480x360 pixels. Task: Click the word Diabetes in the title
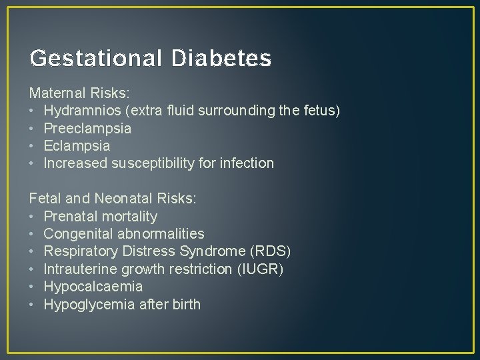221,59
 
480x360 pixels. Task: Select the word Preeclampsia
87,128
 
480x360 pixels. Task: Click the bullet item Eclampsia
77,145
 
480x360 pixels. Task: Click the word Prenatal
70,217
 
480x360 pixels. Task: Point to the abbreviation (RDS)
269,252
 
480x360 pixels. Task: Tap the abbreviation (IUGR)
261,269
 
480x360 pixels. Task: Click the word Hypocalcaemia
93,287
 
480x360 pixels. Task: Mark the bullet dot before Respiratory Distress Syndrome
32,252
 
